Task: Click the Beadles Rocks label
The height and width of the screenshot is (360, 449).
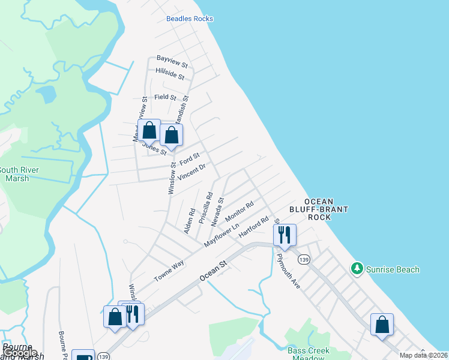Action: pos(189,19)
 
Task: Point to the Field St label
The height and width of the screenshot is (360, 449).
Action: pos(165,97)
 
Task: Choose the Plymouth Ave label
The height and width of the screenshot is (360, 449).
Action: pos(288,269)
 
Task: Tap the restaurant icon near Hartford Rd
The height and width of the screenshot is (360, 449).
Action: pos(284,235)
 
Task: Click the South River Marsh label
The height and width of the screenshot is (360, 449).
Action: pos(22,174)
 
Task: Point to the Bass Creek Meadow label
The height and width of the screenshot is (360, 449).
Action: pos(308,354)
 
